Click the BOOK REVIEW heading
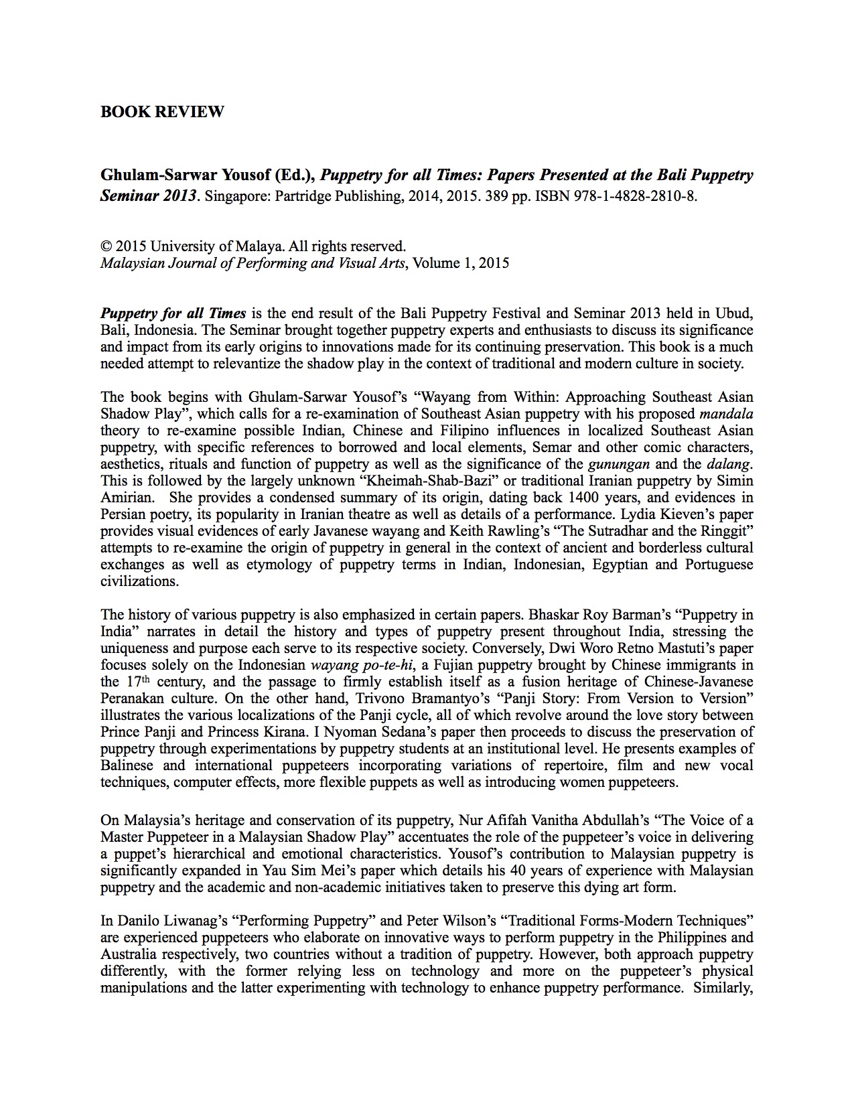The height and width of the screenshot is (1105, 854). tap(162, 112)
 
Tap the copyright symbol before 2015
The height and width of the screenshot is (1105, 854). tap(106, 246)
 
